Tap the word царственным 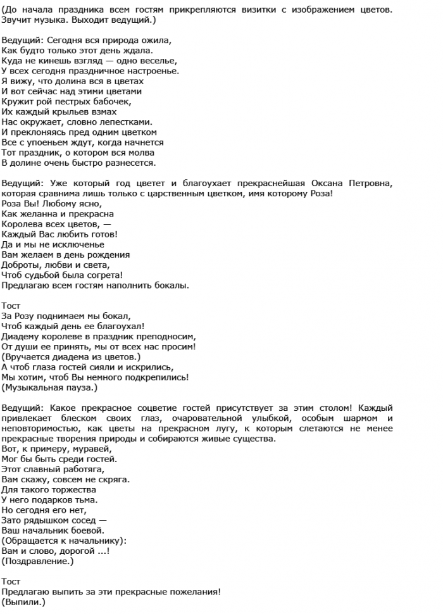[x=189, y=193]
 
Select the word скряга [x=112, y=479]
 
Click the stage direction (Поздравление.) [x=37, y=561]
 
